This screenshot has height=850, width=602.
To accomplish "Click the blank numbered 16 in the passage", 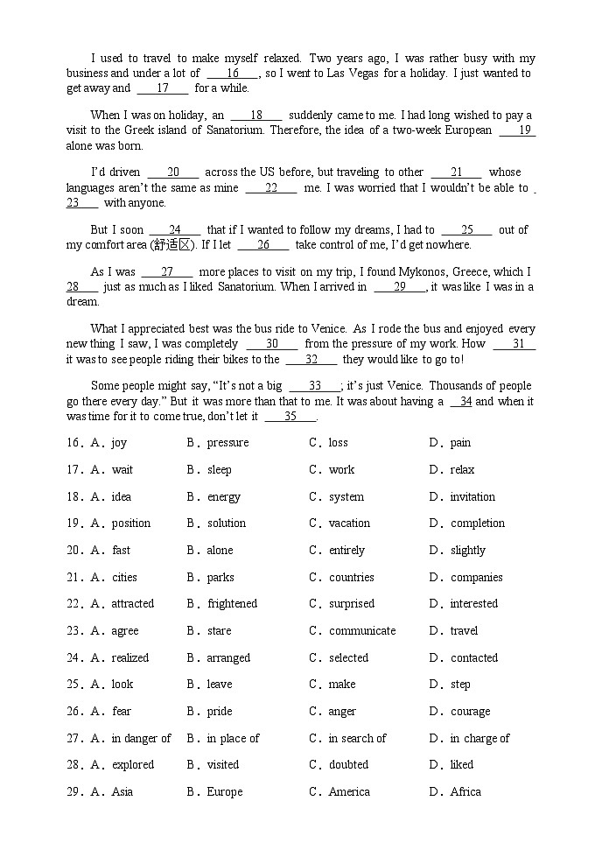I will [233, 74].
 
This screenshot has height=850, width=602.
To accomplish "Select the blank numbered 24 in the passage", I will [175, 230].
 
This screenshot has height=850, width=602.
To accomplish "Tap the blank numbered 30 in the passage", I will [271, 344].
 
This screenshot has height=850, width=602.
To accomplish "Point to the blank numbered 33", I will [315, 386].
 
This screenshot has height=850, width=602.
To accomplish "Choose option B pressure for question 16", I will [227, 443].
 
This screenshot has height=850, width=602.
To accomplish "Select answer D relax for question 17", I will [462, 470].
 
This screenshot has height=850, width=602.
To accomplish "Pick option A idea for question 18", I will [122, 497].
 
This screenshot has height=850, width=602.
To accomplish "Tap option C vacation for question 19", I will [349, 523].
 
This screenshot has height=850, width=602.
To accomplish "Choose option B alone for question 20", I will [220, 551].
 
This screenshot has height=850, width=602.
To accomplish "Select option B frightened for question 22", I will [232, 604].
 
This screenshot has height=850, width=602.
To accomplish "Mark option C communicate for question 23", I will [361, 631].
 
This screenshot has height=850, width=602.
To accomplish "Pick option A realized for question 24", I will [130, 658].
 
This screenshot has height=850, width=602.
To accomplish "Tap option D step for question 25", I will [460, 685].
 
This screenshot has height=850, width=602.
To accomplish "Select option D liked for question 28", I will [462, 765].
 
